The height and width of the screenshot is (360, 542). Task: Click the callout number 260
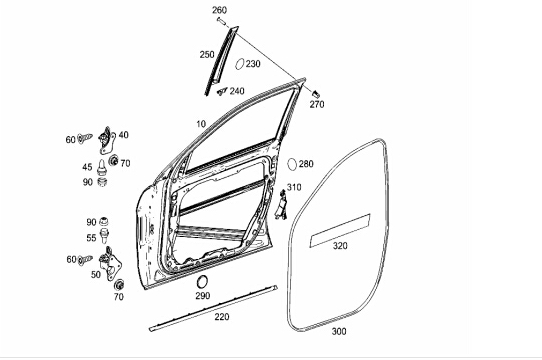point(219,10)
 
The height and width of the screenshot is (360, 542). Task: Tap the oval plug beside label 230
point(239,64)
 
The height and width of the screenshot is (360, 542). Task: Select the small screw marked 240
point(222,91)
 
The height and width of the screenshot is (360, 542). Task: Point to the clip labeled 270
point(316,94)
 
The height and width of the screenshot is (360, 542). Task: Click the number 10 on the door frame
point(201,124)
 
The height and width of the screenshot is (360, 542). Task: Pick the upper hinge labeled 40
point(107,140)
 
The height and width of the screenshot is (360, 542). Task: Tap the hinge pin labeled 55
point(104,236)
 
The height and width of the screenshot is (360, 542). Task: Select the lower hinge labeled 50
point(110,264)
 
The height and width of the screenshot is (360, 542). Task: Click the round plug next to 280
point(292,164)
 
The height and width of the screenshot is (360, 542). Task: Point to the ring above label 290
point(202,282)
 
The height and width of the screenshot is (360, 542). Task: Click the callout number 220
point(222,317)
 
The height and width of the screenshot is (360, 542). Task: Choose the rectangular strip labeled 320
point(340,231)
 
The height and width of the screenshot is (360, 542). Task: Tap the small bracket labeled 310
point(281,207)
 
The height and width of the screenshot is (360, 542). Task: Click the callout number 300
point(339,331)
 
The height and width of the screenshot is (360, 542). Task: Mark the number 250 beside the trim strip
point(207,55)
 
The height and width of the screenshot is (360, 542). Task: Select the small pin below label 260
point(222,21)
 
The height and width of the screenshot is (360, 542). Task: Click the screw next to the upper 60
point(85,138)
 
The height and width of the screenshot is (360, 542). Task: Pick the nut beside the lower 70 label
point(119,285)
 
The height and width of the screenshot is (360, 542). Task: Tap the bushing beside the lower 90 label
point(104,221)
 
